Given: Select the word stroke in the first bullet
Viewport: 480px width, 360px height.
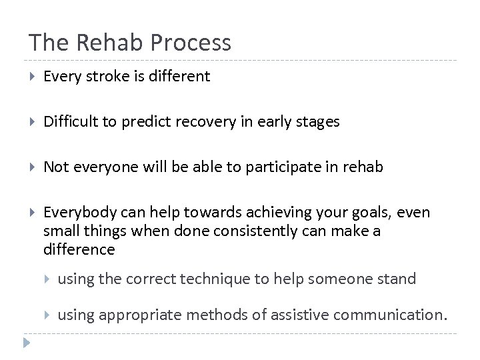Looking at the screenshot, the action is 102,77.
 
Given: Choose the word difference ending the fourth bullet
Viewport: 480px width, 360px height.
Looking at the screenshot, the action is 79,250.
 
